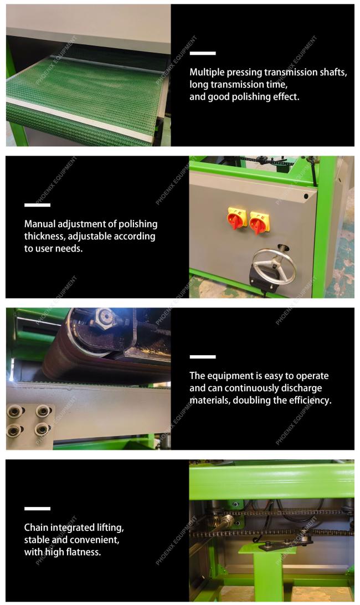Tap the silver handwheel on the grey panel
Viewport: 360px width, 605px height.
point(274,267)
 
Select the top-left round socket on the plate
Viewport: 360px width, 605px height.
point(16,412)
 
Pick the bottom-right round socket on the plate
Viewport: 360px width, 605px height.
point(42,429)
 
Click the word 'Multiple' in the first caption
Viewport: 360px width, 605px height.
point(207,72)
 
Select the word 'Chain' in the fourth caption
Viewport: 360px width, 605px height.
point(36,527)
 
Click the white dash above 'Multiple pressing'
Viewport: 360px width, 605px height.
point(203,53)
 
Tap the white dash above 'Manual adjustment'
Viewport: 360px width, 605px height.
point(38,205)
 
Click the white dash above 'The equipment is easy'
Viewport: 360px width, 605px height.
point(203,357)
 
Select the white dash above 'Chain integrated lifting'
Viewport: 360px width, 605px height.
point(38,509)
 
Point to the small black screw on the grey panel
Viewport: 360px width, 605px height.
point(306,196)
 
